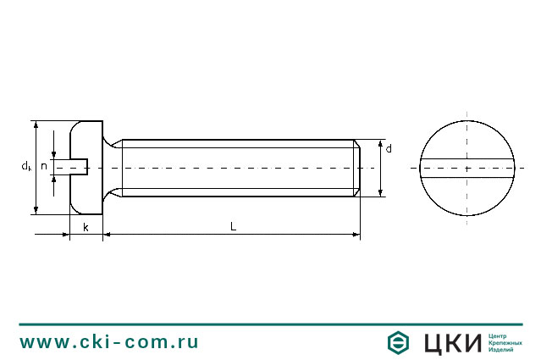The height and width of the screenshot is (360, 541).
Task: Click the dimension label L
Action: tap(233, 227)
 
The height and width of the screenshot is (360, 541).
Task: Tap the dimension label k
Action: tap(86, 227)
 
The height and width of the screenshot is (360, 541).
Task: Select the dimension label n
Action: tap(44, 166)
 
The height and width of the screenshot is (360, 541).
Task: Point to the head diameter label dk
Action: tap(27, 166)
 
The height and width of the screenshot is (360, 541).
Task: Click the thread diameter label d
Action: tap(389, 149)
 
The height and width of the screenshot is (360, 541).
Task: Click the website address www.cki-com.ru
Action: tap(109, 342)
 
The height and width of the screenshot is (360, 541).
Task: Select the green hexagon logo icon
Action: tap(399, 342)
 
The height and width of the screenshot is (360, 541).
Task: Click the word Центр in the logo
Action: tap(500, 335)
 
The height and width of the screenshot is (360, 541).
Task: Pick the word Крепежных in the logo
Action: tap(505, 342)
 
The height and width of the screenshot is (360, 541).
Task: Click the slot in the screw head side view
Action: tap(79, 167)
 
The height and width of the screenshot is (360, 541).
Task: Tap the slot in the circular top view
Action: tap(466, 167)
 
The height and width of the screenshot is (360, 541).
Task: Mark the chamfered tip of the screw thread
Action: tap(357, 168)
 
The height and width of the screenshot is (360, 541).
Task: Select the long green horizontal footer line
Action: tap(270, 324)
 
